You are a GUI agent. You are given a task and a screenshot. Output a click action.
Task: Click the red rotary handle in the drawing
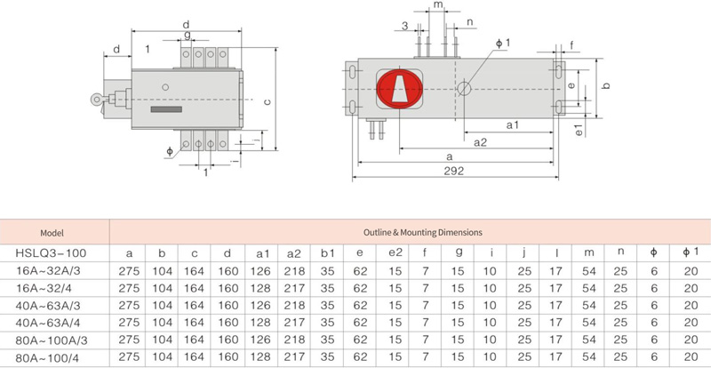click(x=400, y=89)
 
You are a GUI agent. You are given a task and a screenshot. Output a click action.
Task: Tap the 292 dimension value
click(x=454, y=171)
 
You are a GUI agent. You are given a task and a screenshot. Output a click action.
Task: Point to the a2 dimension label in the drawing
click(x=480, y=142)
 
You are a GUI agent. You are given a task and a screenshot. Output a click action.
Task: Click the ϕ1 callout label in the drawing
click(x=502, y=44)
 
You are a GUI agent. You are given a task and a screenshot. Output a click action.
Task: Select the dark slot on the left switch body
click(x=166, y=109)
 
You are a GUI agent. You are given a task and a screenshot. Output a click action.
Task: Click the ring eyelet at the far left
click(x=96, y=99)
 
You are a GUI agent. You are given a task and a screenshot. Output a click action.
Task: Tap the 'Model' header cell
click(x=52, y=233)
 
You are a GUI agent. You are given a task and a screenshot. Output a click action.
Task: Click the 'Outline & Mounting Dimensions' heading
click(x=423, y=232)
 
